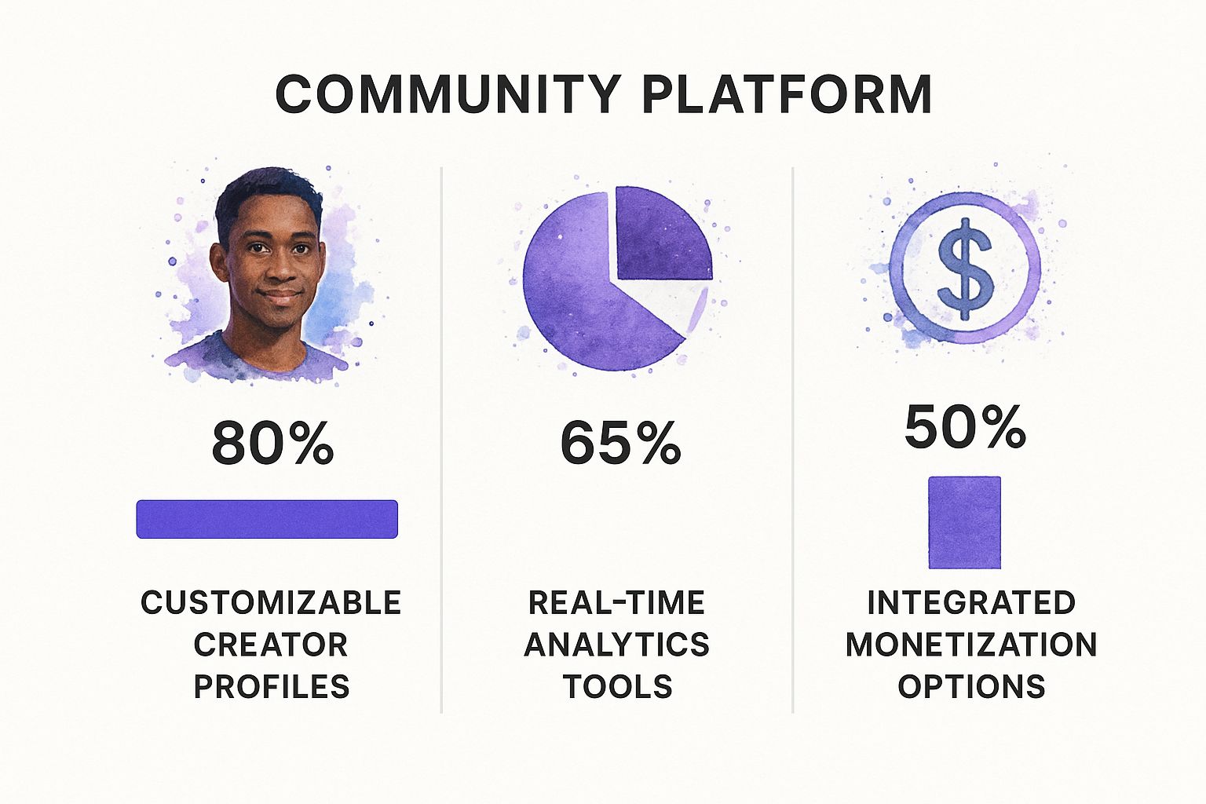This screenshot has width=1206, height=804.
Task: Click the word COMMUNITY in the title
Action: click(x=448, y=94)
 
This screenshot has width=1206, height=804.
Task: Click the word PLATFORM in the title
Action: click(x=788, y=94)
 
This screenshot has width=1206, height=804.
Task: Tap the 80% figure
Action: click(x=272, y=443)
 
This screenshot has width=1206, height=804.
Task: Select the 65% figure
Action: click(x=620, y=443)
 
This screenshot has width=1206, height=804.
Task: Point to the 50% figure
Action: click(x=965, y=426)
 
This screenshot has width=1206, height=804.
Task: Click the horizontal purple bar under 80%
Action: click(x=267, y=519)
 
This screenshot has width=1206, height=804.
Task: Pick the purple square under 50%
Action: click(x=965, y=522)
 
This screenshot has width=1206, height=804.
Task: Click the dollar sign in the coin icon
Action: click(x=965, y=269)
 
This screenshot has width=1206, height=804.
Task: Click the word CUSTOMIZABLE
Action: click(x=271, y=602)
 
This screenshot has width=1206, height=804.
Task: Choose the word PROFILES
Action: click(x=272, y=686)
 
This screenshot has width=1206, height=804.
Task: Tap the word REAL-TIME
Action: click(x=617, y=602)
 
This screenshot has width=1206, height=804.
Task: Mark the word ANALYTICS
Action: click(x=617, y=645)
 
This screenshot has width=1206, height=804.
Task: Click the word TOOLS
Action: click(x=618, y=686)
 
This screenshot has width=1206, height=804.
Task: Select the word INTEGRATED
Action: click(x=971, y=602)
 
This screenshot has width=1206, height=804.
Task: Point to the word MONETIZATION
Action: click(x=971, y=645)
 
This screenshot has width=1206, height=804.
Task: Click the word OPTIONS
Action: click(x=971, y=686)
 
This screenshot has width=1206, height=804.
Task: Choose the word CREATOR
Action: click(x=271, y=645)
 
